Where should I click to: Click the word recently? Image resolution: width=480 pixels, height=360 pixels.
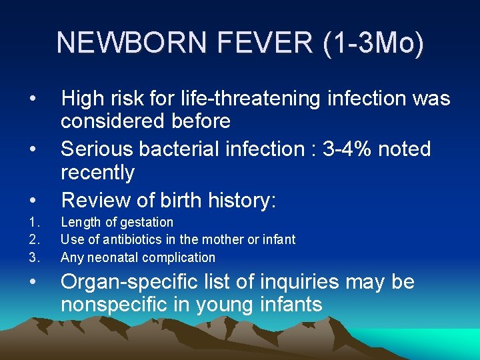98,173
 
